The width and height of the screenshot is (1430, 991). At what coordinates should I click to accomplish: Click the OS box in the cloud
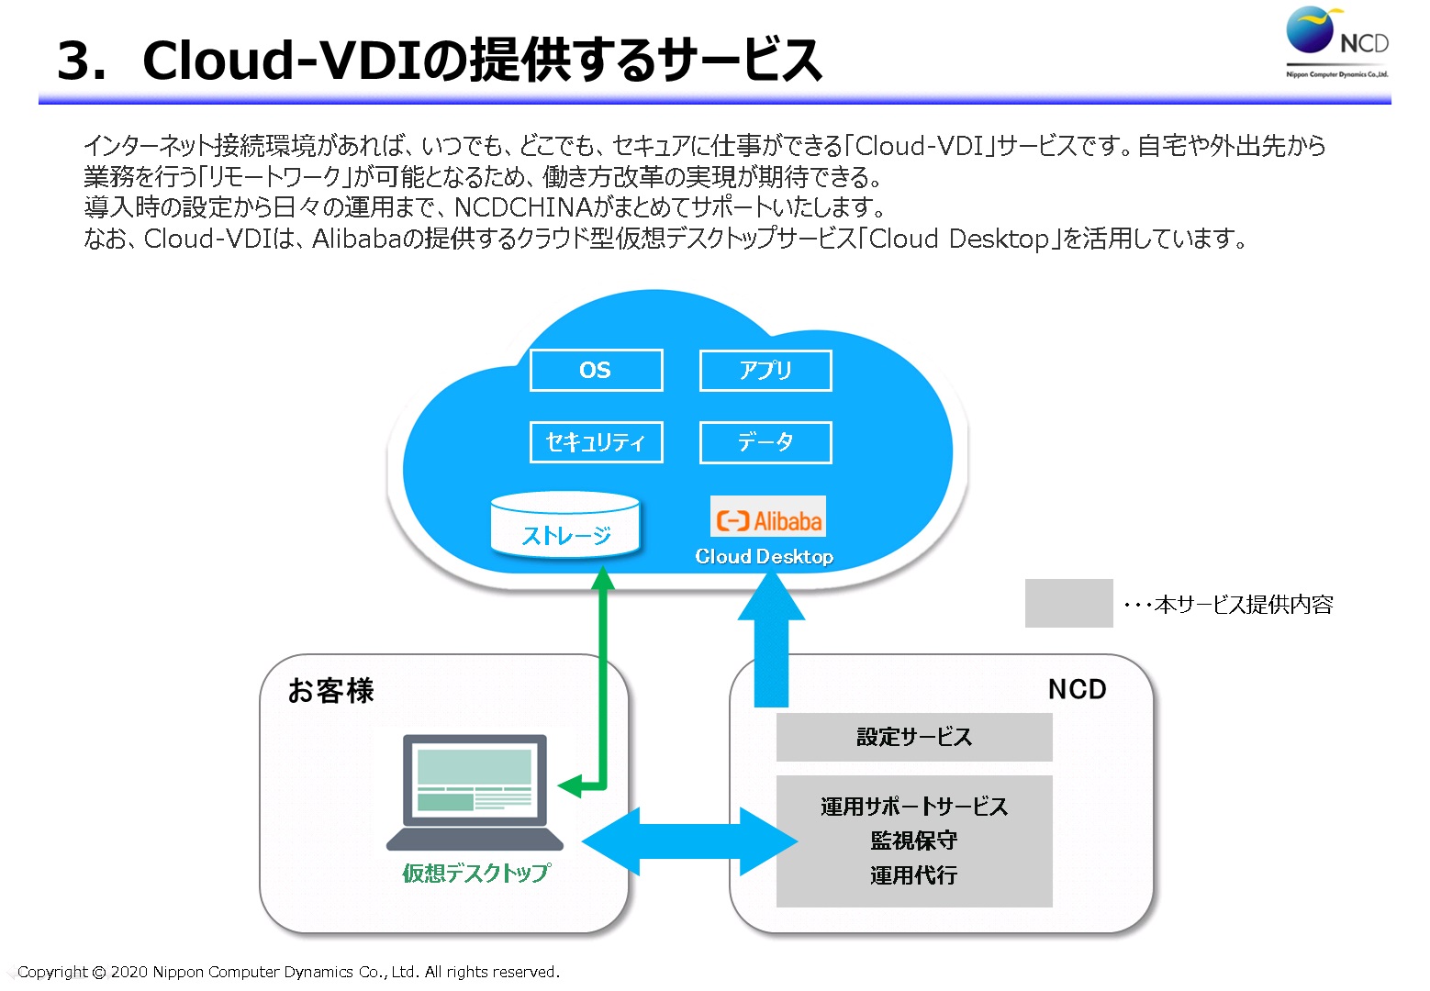pyautogui.click(x=597, y=370)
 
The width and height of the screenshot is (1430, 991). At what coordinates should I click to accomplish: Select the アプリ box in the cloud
pyautogui.click(x=765, y=370)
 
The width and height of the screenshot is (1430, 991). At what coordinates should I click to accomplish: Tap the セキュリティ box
pyautogui.click(x=597, y=441)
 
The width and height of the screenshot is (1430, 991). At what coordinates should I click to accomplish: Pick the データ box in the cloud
pyautogui.click(x=765, y=441)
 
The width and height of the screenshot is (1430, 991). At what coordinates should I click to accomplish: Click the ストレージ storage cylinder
pyautogui.click(x=565, y=525)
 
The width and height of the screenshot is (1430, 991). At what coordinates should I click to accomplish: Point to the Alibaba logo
pyautogui.click(x=768, y=517)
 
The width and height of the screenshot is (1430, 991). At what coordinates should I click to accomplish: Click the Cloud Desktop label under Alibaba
pyautogui.click(x=765, y=556)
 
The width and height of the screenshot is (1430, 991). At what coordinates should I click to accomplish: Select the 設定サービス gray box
pyautogui.click(x=914, y=737)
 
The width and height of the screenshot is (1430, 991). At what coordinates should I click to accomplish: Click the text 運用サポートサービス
pyautogui.click(x=914, y=807)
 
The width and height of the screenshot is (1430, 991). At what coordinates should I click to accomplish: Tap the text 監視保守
pyautogui.click(x=914, y=841)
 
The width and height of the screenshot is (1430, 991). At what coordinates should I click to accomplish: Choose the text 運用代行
pyautogui.click(x=914, y=874)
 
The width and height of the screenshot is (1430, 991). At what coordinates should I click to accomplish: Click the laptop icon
pyautogui.click(x=475, y=792)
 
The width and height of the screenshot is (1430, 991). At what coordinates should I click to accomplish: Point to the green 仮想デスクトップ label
pyautogui.click(x=476, y=873)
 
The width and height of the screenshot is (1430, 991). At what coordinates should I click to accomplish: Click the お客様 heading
pyautogui.click(x=330, y=690)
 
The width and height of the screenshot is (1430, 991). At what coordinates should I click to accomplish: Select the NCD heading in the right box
pyautogui.click(x=1077, y=689)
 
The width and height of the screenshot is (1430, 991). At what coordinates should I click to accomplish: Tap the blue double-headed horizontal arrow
pyautogui.click(x=689, y=841)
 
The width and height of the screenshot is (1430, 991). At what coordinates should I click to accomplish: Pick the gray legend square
pyautogui.click(x=1069, y=603)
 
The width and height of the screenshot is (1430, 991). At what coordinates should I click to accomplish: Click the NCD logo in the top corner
pyautogui.click(x=1337, y=41)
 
